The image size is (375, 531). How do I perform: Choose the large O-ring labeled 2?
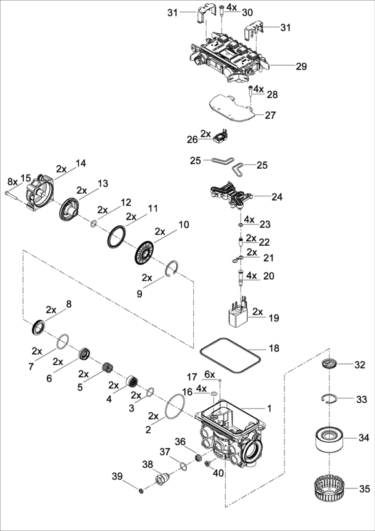click(x=176, y=410)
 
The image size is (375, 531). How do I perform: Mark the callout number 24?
click(x=277, y=196)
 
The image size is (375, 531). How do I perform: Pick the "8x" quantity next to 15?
click(x=12, y=181)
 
